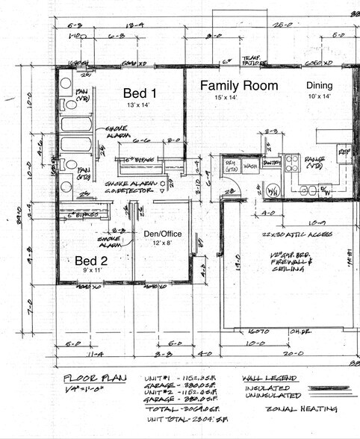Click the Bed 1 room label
(140, 93)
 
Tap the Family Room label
(239, 86)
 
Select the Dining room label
(319, 85)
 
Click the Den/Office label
(162, 234)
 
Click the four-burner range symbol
(291, 163)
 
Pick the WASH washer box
(251, 165)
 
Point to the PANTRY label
(270, 162)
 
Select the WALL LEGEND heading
(273, 378)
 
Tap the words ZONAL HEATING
(306, 409)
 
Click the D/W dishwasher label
(325, 190)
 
